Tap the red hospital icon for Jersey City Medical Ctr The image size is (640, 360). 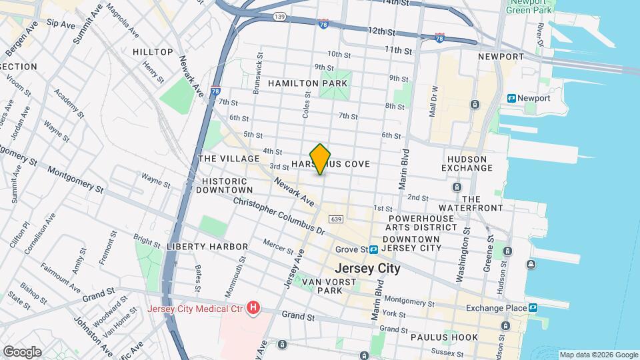click(x=253, y=308)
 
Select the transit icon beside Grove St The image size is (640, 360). click(x=374, y=250)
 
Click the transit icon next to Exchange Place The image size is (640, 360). click(x=533, y=308)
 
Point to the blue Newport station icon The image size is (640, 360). click(x=511, y=98)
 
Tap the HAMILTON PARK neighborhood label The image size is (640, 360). click(x=307, y=83)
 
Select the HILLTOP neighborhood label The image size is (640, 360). click(x=153, y=52)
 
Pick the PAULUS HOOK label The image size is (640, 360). click(x=445, y=337)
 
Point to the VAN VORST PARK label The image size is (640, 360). click(x=330, y=287)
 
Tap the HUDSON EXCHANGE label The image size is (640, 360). click(x=470, y=163)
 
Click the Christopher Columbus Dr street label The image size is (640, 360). click(x=278, y=215)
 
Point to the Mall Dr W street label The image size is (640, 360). click(x=433, y=100)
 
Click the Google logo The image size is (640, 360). click(x=22, y=351)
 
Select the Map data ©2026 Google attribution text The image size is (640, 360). click(x=598, y=355)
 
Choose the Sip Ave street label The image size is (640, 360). click(x=61, y=25)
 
